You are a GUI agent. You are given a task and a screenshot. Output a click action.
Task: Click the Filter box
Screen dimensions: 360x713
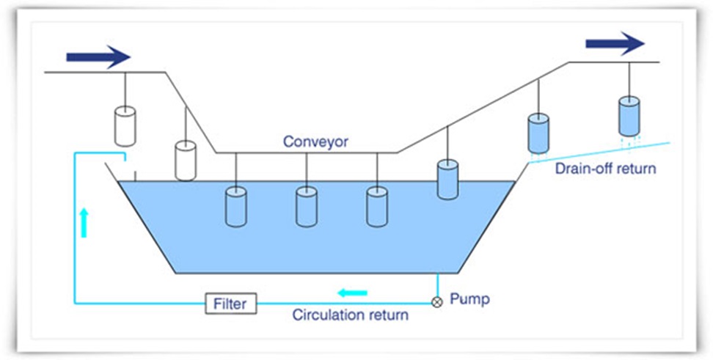pos(231,302)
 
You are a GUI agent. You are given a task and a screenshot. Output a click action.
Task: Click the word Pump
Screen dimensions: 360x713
pos(469,299)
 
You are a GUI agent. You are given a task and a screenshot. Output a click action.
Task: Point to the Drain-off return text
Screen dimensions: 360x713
pos(605,169)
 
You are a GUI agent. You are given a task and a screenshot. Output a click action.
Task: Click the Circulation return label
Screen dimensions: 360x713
pos(351,316)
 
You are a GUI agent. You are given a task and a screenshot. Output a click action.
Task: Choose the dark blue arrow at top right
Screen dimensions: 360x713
pos(615,43)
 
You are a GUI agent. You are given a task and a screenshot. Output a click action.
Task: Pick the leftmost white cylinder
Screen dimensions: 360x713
pos(126,126)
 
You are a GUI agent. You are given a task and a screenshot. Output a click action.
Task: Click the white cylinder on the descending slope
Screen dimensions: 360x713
pos(186,161)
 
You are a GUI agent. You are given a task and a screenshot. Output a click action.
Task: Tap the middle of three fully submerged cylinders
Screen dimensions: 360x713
pos(307,206)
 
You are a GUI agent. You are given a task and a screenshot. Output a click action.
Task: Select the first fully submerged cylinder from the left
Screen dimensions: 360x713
pos(237,206)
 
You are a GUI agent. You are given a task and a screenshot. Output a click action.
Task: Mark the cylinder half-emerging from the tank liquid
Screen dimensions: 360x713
pos(448,179)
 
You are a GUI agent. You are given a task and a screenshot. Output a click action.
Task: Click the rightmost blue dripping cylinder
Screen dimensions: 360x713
pos(629,115)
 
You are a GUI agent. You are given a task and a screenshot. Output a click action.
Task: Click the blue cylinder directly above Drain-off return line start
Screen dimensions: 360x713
pos(539,133)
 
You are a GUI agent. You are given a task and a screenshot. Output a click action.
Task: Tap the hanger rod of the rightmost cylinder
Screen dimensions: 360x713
pos(629,79)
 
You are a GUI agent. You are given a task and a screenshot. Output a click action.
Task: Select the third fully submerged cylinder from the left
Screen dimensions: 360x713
pos(377,206)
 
